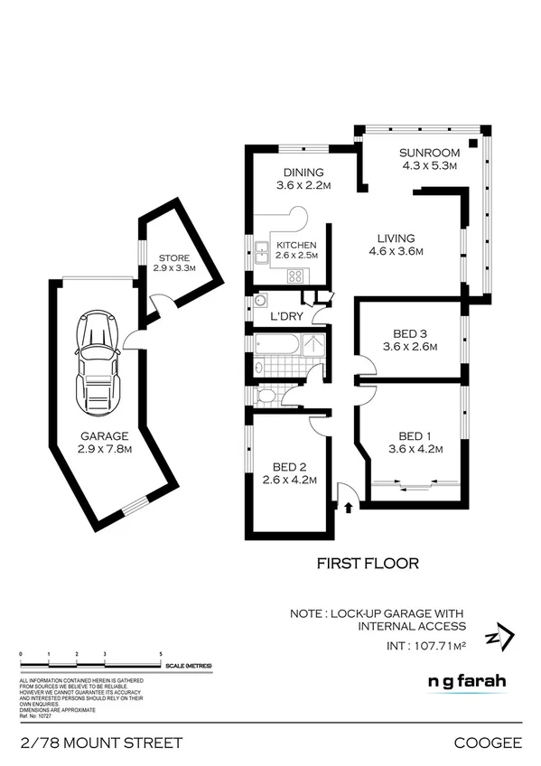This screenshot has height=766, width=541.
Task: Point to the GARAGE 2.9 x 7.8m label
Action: pyautogui.click(x=103, y=443)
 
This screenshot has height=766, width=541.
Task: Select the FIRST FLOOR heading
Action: pyautogui.click(x=368, y=563)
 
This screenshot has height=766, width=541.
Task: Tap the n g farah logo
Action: pyautogui.click(x=467, y=682)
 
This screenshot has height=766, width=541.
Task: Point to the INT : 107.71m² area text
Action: pyautogui.click(x=426, y=646)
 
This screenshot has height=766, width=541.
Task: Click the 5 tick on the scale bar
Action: pyautogui.click(x=161, y=653)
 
